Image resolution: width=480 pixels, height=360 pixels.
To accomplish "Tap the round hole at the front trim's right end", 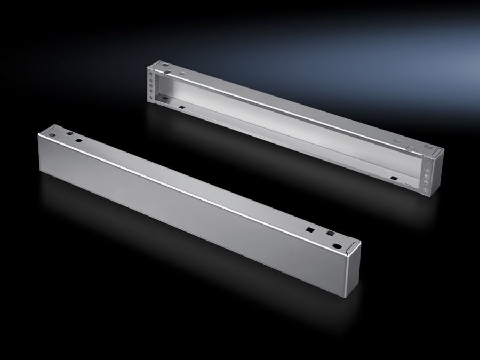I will pos(337,247).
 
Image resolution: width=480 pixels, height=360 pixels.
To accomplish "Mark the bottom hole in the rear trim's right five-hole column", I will pos(425,189).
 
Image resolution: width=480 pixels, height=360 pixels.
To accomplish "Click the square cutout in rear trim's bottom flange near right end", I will pos(394,177).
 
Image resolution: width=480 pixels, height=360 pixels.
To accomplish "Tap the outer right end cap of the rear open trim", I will pos(436,171).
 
